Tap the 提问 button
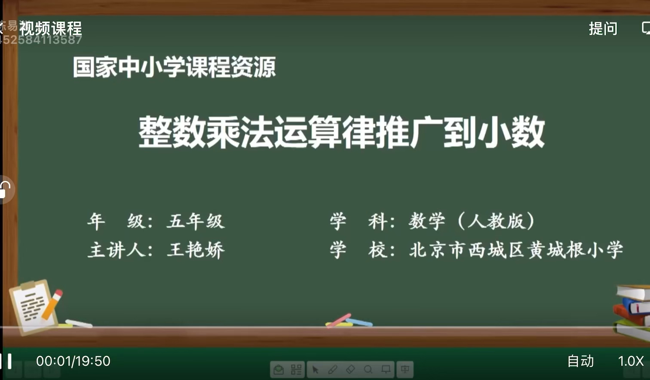(x=603, y=29)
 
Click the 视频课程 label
(x=50, y=29)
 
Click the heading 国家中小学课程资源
(x=174, y=67)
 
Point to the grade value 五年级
(x=196, y=222)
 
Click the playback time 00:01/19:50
(x=73, y=361)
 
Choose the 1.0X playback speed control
(x=631, y=361)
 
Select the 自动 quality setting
(x=580, y=361)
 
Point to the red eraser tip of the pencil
(x=58, y=294)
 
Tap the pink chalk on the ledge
(x=339, y=320)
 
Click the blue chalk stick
(x=359, y=322)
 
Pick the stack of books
(x=633, y=311)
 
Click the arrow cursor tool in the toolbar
(x=315, y=370)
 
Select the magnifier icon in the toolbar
(x=368, y=370)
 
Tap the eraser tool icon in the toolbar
(x=350, y=370)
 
